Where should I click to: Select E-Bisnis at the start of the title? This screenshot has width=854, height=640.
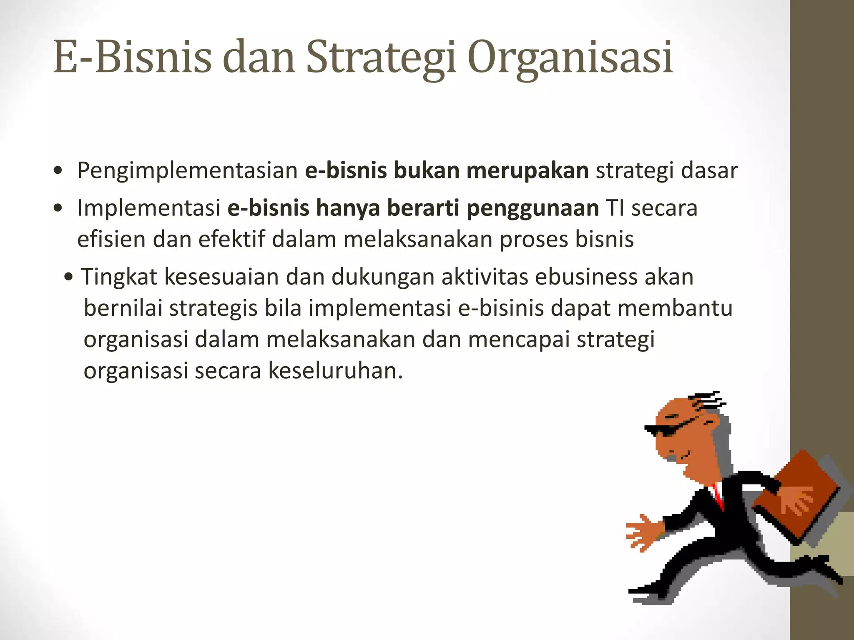coord(132,57)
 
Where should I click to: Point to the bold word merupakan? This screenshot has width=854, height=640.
coord(527,171)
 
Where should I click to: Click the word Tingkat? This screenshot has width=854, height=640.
coord(119,277)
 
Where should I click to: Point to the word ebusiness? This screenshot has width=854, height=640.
coord(586,277)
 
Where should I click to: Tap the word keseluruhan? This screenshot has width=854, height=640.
coord(335,371)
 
